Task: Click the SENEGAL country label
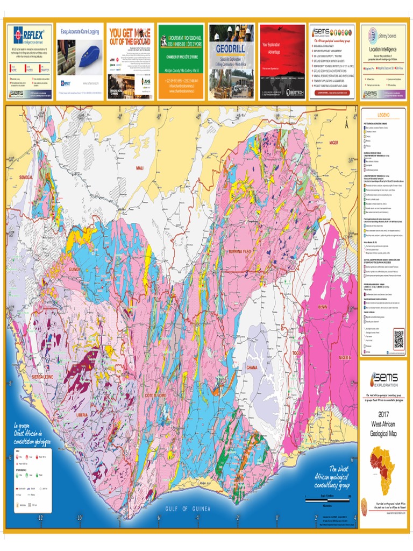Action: coord(26,177)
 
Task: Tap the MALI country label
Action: coord(141,168)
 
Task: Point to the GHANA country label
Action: coord(252,368)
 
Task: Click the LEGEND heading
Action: coord(383,115)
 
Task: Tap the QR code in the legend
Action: coord(398,339)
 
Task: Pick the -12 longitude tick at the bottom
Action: coord(39,518)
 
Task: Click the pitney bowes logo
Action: coord(383,37)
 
